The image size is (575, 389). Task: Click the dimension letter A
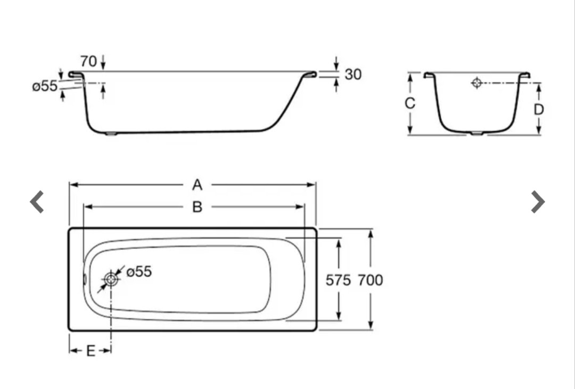pyautogui.click(x=198, y=185)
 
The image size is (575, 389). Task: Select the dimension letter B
pyautogui.click(x=198, y=207)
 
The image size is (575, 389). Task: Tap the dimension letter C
pyautogui.click(x=410, y=103)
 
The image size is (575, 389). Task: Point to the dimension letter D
pyautogui.click(x=539, y=109)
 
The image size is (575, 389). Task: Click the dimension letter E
pyautogui.click(x=91, y=351)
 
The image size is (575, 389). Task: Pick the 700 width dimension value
pyautogui.click(x=371, y=280)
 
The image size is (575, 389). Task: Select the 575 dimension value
pyautogui.click(x=338, y=280)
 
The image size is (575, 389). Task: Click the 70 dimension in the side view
pyautogui.click(x=88, y=61)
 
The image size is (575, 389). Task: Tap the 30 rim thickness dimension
pyautogui.click(x=353, y=75)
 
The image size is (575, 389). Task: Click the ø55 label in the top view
pyautogui.click(x=139, y=272)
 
